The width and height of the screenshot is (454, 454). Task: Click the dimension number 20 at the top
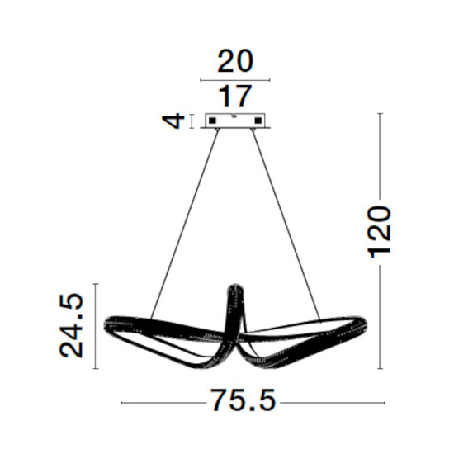(235, 61)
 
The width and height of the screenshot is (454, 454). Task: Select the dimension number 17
(234, 97)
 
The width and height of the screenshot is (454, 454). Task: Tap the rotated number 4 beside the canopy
(173, 121)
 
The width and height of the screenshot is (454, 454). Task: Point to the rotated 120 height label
(379, 232)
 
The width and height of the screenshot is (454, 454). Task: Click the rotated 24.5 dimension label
(71, 326)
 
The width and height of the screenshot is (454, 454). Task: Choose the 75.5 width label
(244, 400)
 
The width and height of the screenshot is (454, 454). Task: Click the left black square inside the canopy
(212, 121)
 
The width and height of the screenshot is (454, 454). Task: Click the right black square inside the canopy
(258, 121)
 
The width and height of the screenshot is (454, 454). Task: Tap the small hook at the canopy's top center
(234, 116)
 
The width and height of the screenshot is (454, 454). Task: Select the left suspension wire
(184, 225)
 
